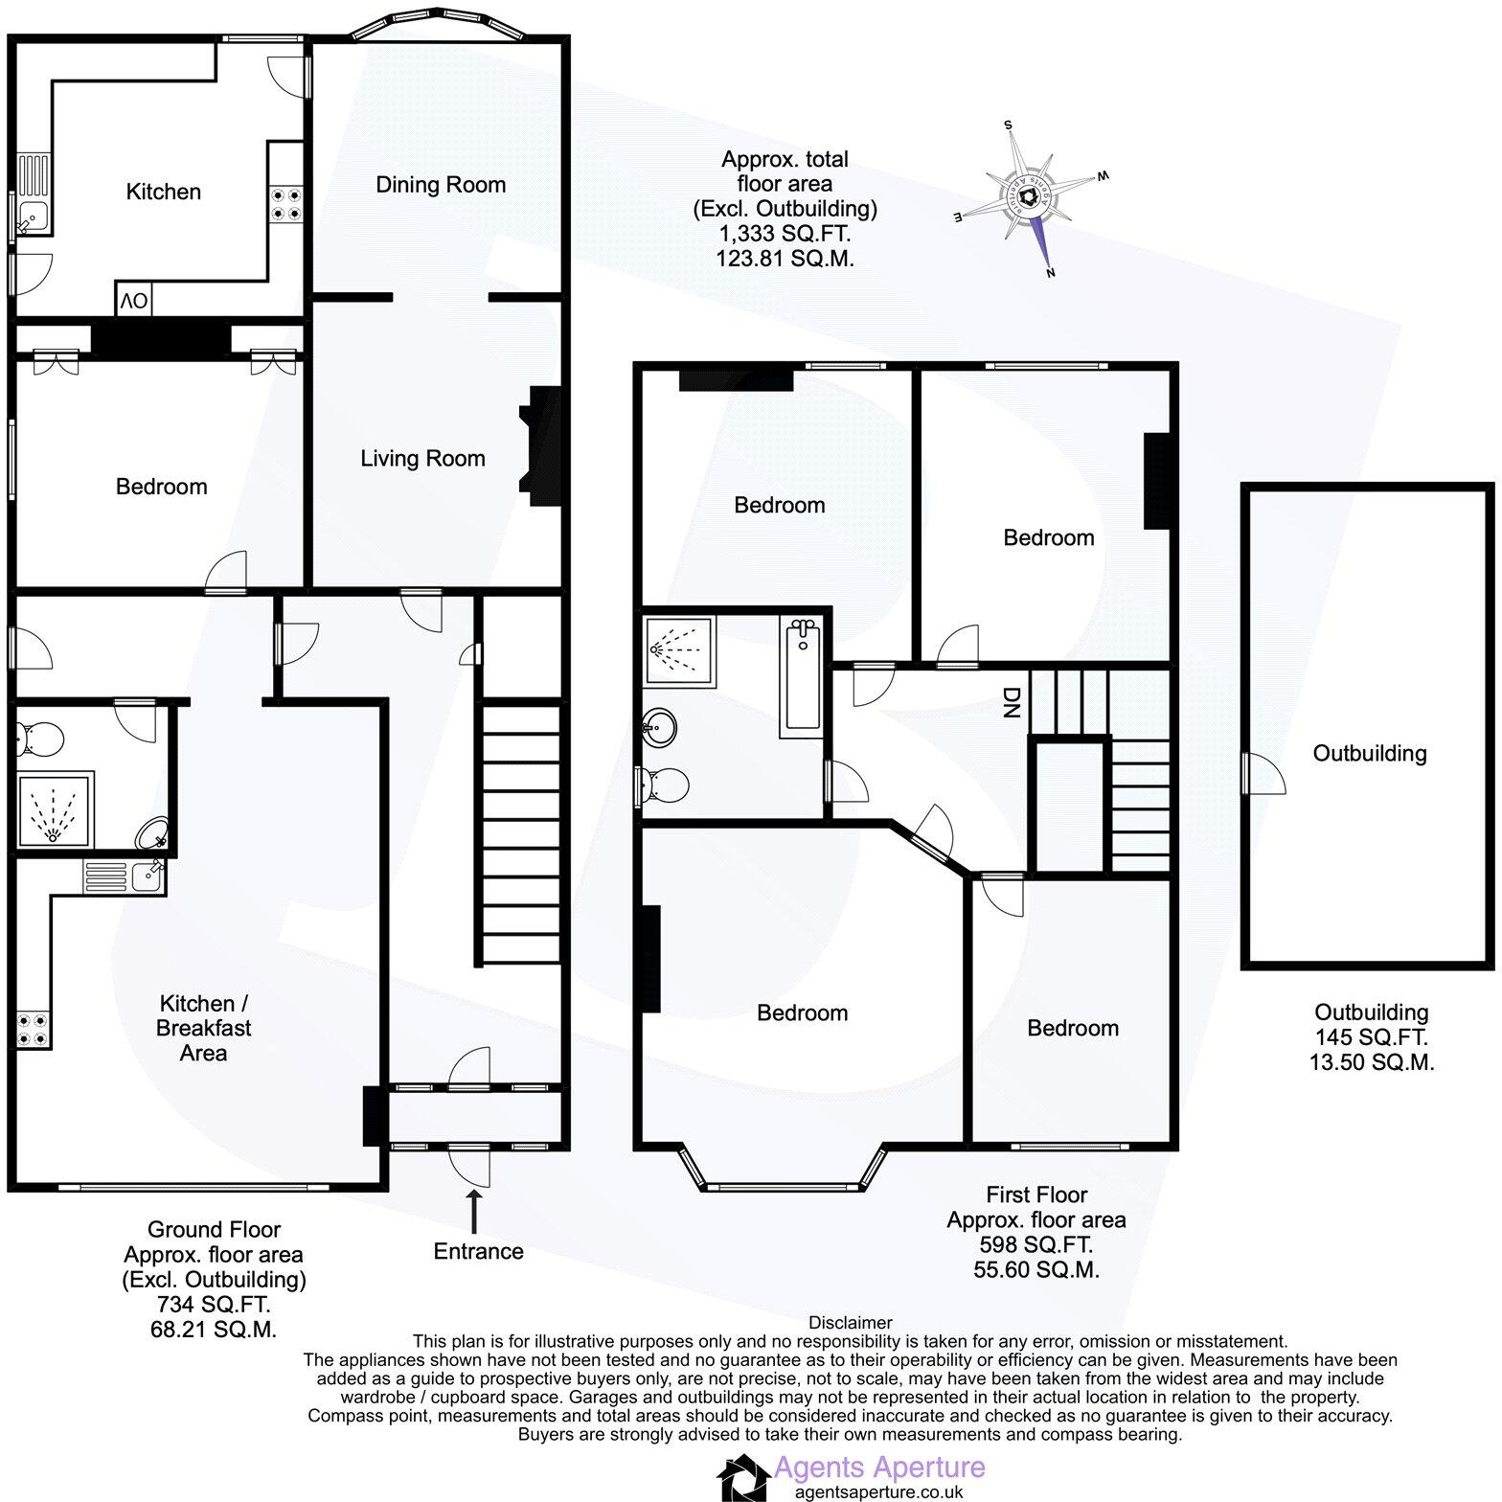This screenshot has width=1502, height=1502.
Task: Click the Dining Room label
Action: [x=440, y=185]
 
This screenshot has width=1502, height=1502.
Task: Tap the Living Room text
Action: [x=422, y=459]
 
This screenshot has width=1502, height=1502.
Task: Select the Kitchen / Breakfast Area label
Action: [x=204, y=1028]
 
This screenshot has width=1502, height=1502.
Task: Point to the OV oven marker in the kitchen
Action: [x=133, y=301]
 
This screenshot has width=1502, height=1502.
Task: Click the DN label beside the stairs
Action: [x=1011, y=703]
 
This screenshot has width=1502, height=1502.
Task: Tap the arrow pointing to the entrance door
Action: [x=474, y=1211]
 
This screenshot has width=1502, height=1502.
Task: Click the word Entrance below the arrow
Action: [x=478, y=1251]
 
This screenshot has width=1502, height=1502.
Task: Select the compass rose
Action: [x=1031, y=197]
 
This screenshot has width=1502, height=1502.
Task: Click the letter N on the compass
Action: [x=1051, y=272]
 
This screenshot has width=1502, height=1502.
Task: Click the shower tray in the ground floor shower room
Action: [x=55, y=810]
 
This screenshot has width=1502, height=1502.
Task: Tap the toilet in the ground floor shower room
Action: [x=39, y=739]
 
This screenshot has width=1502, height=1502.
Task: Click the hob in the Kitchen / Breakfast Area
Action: [x=30, y=1029]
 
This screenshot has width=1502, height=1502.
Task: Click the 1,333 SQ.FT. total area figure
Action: [x=785, y=233]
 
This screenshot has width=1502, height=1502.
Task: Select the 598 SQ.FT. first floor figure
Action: [x=1035, y=1245]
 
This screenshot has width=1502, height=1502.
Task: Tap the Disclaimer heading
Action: [x=850, y=1323]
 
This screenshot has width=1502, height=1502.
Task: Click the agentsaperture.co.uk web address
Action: [x=878, y=1491]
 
